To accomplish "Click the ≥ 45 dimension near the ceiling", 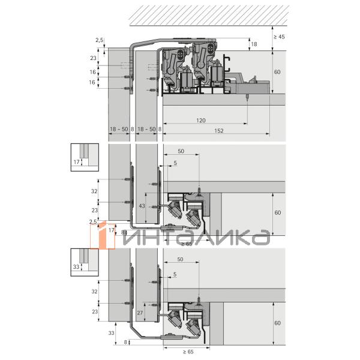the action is point(279,37).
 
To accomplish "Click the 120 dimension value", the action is point(200,121).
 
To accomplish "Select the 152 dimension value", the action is point(218,131).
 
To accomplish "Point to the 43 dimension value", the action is point(142,206).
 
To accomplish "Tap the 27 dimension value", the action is point(140,313).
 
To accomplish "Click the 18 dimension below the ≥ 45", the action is point(254,44).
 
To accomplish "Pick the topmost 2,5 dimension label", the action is point(100,40).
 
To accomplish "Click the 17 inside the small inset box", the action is point(76,162).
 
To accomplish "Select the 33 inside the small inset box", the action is point(76,267).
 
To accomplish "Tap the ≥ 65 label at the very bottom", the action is point(188,352).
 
